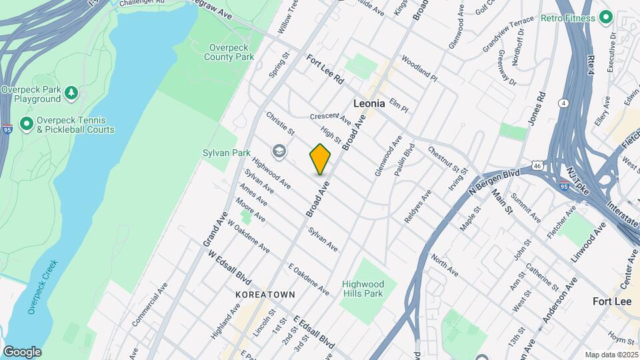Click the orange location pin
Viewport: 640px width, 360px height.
tap(320, 159)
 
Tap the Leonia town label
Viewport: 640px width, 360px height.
tap(371, 103)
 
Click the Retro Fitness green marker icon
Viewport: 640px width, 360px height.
tap(605, 17)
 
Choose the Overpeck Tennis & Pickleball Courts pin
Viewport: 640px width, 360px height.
tap(27, 123)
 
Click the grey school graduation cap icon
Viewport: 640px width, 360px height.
tap(279, 152)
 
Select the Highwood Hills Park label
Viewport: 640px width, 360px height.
tap(363, 289)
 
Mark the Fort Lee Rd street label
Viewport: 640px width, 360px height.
tap(325, 69)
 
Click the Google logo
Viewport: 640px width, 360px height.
tap(22, 351)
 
